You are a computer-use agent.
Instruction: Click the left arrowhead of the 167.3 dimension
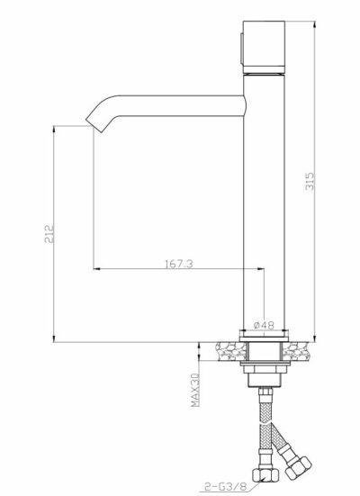[96, 269]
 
